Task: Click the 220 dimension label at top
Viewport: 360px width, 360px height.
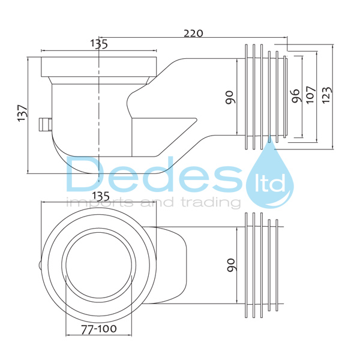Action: pos(193,34)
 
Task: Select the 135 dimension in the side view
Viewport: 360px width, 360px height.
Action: pos(99,43)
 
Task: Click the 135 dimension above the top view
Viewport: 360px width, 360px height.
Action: pos(100,196)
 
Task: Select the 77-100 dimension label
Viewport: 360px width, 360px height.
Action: pos(99,329)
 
